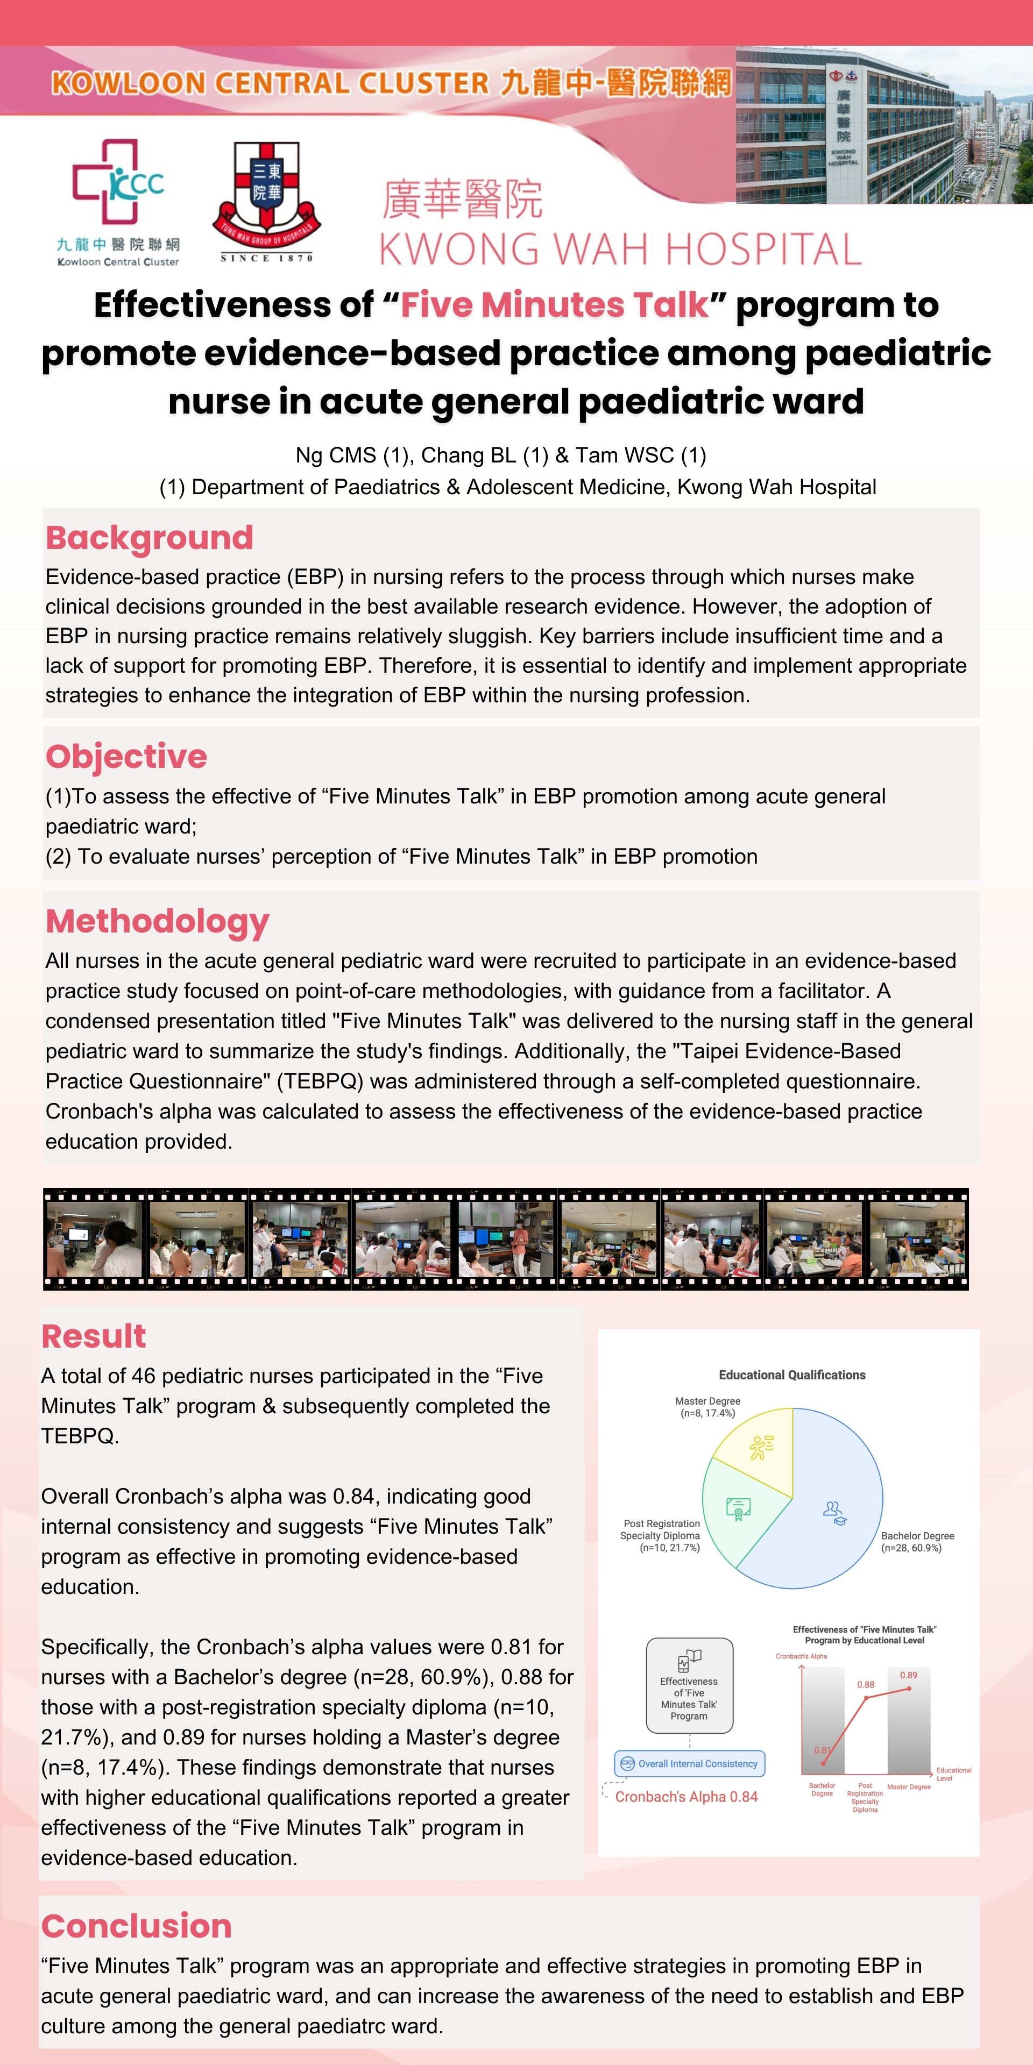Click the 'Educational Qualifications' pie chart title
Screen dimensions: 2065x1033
(x=791, y=1375)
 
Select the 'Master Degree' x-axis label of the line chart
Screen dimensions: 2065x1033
(x=909, y=1787)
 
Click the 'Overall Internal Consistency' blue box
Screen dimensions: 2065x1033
(x=690, y=1764)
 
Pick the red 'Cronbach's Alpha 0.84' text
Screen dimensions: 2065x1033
(x=686, y=1797)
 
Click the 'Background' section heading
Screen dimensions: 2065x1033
(x=149, y=538)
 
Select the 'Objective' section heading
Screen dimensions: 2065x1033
(x=126, y=757)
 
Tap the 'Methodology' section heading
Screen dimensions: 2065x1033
(x=157, y=921)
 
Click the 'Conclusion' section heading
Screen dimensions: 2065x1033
(x=136, y=1926)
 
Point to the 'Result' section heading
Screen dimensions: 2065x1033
(x=93, y=1336)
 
